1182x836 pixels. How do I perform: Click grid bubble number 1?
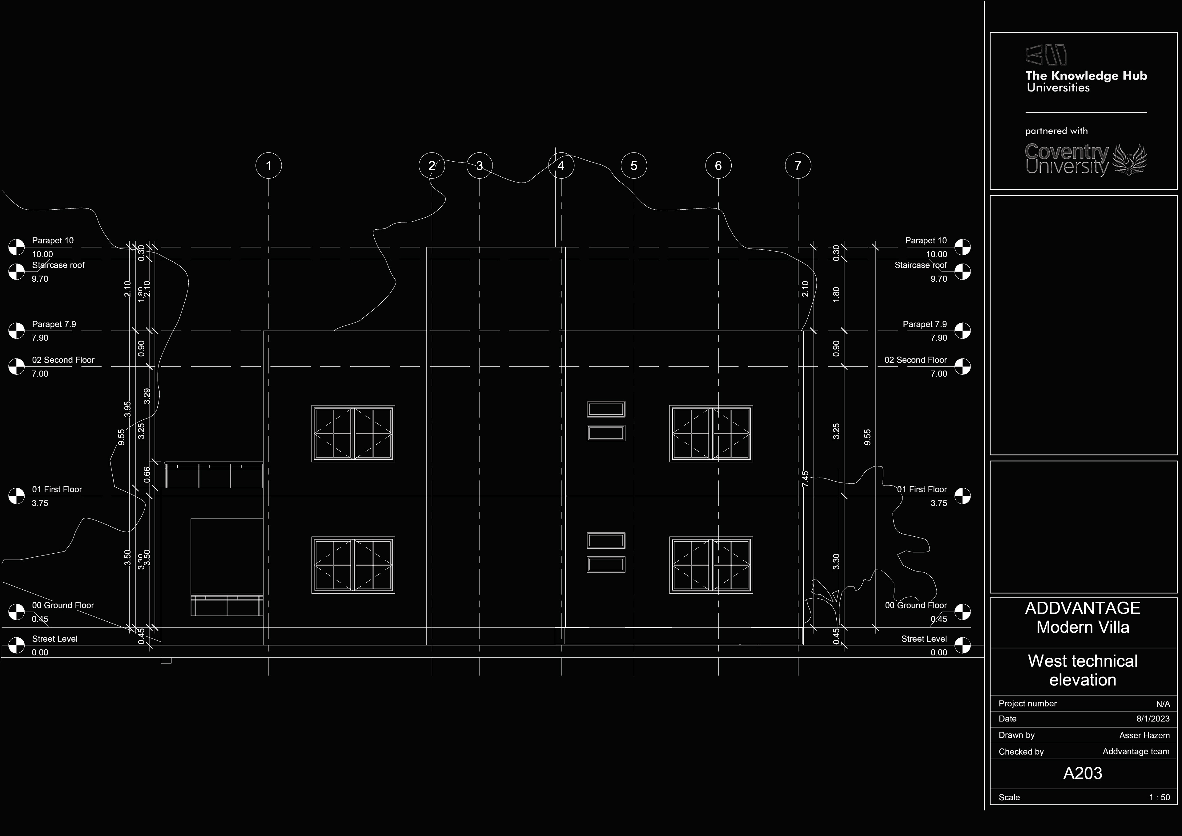tap(268, 166)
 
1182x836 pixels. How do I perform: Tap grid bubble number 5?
tap(634, 166)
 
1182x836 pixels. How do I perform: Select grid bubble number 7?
tap(798, 166)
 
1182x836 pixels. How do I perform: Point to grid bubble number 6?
tap(718, 166)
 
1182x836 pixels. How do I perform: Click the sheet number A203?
tap(1083, 773)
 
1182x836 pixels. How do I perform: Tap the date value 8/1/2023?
tap(1153, 719)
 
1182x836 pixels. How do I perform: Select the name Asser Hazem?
tap(1144, 735)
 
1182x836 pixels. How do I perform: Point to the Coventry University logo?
tap(1086, 160)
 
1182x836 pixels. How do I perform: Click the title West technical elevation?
tap(1083, 670)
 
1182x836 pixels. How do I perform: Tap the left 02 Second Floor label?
tap(63, 360)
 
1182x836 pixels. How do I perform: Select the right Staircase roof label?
tap(920, 265)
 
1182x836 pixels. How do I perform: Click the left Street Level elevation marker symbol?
tap(17, 645)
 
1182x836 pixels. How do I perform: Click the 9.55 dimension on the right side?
tap(867, 437)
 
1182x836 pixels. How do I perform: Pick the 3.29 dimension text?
tap(147, 396)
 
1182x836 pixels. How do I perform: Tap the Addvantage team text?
tap(1136, 752)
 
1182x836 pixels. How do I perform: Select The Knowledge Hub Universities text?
tap(1086, 81)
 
